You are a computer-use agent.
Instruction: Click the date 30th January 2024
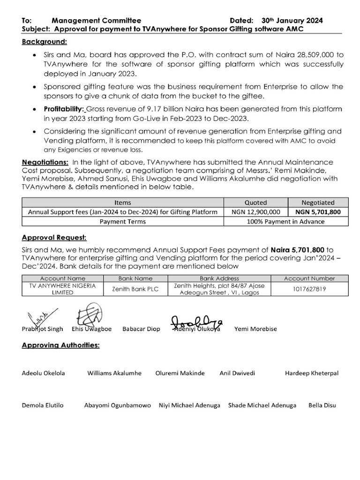292,21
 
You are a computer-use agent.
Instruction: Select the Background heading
45,42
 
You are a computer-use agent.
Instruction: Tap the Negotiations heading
45,162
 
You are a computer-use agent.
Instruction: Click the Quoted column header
255,202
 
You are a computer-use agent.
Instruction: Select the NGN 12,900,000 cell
255,212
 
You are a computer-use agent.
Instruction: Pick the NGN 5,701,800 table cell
318,212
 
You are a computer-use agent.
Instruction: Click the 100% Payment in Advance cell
286,221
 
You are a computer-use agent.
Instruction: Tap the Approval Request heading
54,237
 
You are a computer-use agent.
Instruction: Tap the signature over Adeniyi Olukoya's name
197,322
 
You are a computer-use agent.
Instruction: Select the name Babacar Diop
141,329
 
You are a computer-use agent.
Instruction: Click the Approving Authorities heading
60,345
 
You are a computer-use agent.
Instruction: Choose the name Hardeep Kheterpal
312,374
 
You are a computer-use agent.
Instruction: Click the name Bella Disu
322,405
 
